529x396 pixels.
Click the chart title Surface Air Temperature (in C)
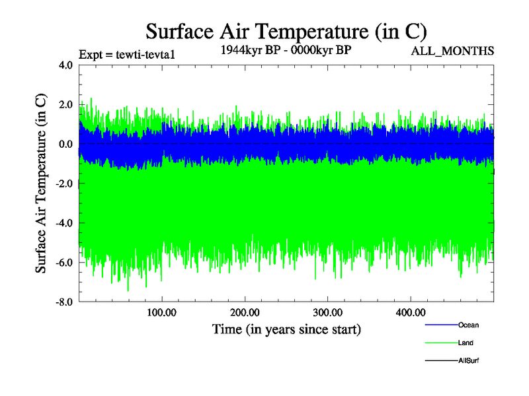click(x=286, y=31)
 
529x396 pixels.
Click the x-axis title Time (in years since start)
click(x=286, y=328)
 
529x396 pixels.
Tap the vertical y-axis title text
click(x=41, y=183)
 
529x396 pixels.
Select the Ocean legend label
click(x=468, y=325)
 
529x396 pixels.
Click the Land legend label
click(x=466, y=343)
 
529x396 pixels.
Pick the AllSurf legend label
click(x=468, y=360)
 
